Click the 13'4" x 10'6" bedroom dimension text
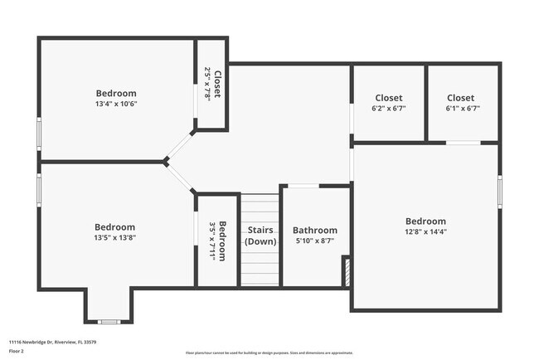tap(115, 105)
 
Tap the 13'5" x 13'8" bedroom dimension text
tap(114, 238)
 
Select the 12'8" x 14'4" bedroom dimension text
tap(425, 232)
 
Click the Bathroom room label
tap(315, 231)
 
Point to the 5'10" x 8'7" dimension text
tap(315, 241)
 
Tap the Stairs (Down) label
tap(260, 236)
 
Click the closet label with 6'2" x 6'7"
tap(388, 98)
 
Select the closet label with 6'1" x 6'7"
tap(461, 98)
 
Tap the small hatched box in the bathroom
tap(347, 272)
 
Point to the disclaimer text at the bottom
tap(269, 353)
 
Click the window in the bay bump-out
tap(109, 322)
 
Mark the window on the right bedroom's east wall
tap(500, 191)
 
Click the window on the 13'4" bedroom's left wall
tap(39, 134)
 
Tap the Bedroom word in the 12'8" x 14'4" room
tap(425, 221)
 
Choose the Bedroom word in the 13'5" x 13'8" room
tap(114, 227)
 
